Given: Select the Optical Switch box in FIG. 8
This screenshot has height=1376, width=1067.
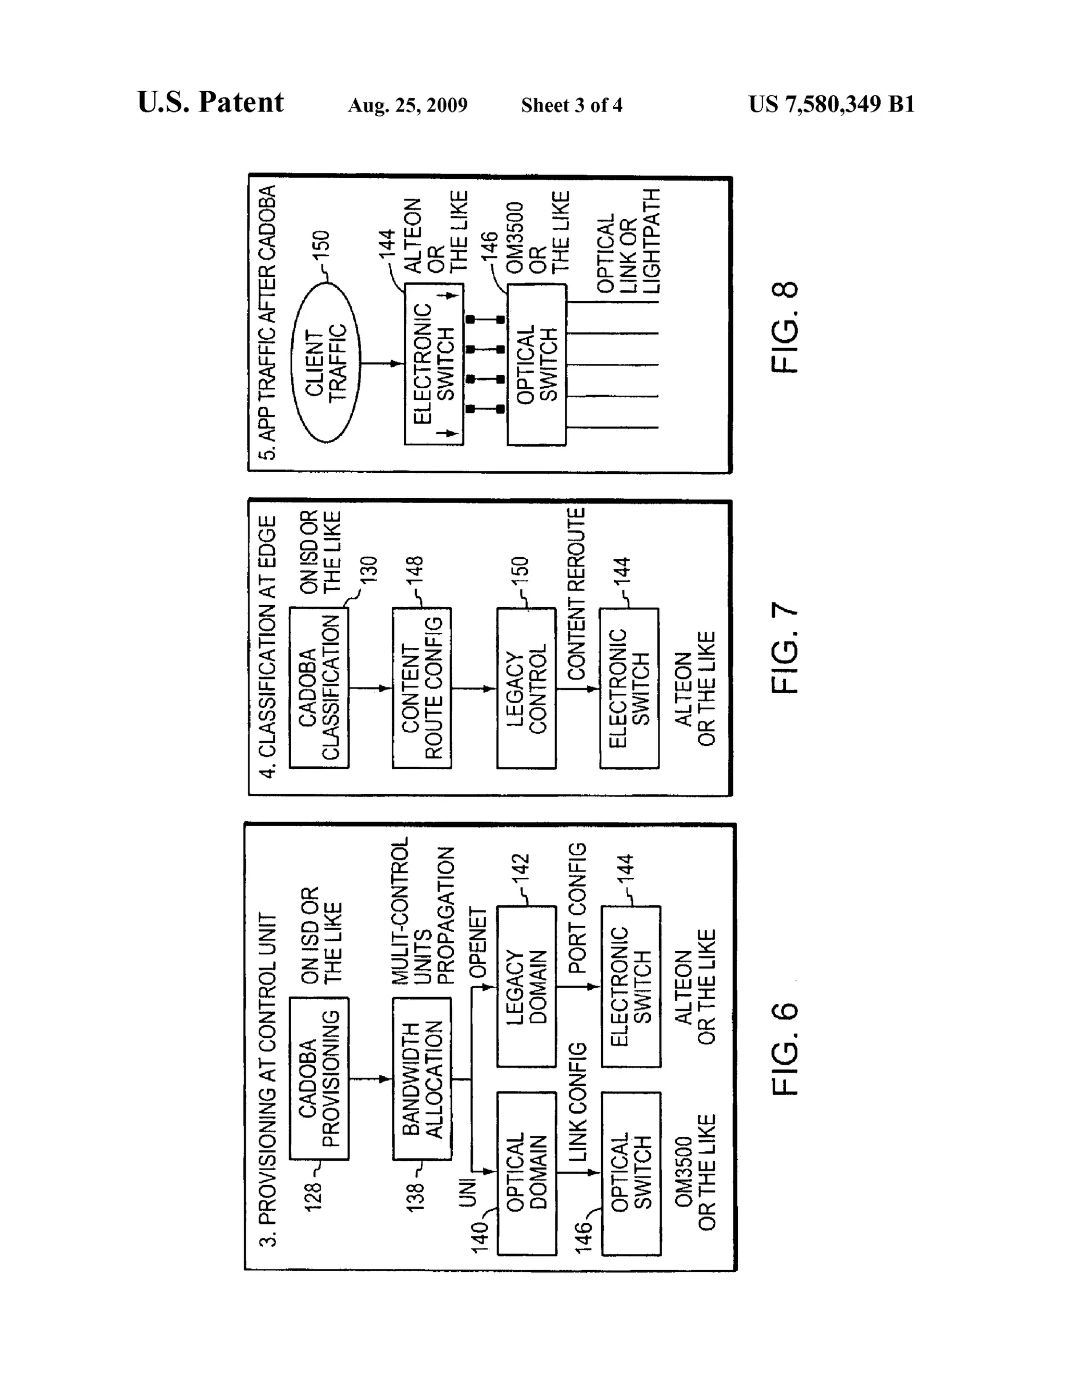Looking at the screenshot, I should pyautogui.click(x=537, y=364).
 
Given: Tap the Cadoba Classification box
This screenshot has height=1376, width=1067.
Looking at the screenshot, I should pyautogui.click(x=319, y=687).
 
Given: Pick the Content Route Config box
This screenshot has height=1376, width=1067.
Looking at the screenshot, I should pyautogui.click(x=421, y=687).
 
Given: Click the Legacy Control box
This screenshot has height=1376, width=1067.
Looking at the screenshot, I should pyautogui.click(x=526, y=687).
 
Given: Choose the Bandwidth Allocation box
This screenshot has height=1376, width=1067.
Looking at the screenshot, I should pyautogui.click(x=422, y=1078).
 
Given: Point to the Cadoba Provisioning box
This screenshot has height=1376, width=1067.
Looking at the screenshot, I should pyautogui.click(x=319, y=1078).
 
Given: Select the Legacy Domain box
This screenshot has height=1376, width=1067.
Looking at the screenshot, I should pyautogui.click(x=527, y=987).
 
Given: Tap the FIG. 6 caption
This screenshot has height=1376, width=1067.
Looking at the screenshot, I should pyautogui.click(x=785, y=1049).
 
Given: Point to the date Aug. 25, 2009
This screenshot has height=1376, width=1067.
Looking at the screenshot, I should pyautogui.click(x=407, y=105).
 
